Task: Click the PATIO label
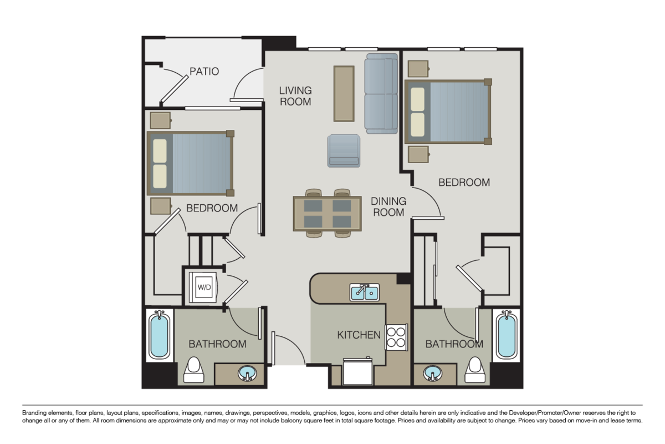coord(204,72)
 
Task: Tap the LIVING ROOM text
coord(295,96)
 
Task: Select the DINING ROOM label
coord(388,206)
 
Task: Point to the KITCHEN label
coord(359,335)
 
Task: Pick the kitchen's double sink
coord(364,292)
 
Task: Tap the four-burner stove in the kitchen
coord(397,336)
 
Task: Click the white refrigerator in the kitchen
coord(359,371)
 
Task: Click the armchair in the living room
coord(344,150)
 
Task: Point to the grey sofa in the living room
coord(381,94)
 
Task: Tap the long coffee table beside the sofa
coord(344,93)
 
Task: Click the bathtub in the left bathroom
coord(159,335)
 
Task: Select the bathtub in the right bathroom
coord(506,335)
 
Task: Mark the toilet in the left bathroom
coord(194,370)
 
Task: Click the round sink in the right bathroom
coord(432,375)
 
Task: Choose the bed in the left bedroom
coord(190,163)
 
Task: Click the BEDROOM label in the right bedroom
coord(464,182)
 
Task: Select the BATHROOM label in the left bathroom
coord(217,344)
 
